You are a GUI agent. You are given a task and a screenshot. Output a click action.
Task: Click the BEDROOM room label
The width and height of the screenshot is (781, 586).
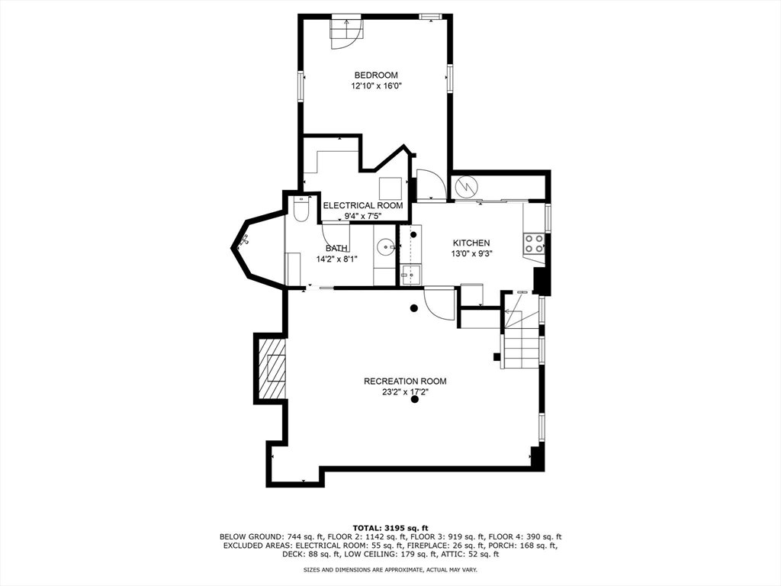(376, 76)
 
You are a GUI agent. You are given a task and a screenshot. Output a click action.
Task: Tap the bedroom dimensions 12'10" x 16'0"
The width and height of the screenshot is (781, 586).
(377, 86)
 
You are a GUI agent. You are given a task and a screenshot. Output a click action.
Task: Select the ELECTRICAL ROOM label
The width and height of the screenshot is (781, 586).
(363, 205)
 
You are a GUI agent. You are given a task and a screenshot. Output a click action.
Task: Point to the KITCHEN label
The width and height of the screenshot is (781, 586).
(471, 243)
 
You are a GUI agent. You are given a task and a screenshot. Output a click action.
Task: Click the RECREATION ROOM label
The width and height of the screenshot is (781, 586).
(405, 382)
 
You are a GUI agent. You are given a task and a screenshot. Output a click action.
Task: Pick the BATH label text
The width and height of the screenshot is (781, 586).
(336, 248)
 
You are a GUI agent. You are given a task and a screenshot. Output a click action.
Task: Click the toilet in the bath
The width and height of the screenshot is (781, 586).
(302, 208)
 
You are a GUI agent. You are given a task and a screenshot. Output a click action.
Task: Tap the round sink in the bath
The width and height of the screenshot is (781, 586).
(385, 246)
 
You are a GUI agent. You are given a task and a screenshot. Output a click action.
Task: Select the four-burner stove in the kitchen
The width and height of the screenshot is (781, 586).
(534, 243)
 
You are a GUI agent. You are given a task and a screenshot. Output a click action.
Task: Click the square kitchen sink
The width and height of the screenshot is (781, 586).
(411, 275)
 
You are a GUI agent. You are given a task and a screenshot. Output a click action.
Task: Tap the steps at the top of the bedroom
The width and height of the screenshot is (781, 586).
(346, 31)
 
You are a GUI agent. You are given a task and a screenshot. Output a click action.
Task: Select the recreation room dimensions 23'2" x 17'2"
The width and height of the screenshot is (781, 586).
(404, 392)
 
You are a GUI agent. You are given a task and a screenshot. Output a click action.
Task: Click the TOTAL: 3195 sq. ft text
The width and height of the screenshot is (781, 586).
(390, 528)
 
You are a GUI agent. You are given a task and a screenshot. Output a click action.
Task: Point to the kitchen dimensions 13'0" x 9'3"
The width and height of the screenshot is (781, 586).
(471, 253)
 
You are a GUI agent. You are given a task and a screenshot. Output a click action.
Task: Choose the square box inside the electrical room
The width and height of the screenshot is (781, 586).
(390, 188)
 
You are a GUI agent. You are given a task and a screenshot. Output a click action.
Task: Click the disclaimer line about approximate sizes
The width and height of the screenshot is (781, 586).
(390, 569)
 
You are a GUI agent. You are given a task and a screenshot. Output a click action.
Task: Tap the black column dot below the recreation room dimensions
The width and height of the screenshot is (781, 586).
(414, 399)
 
